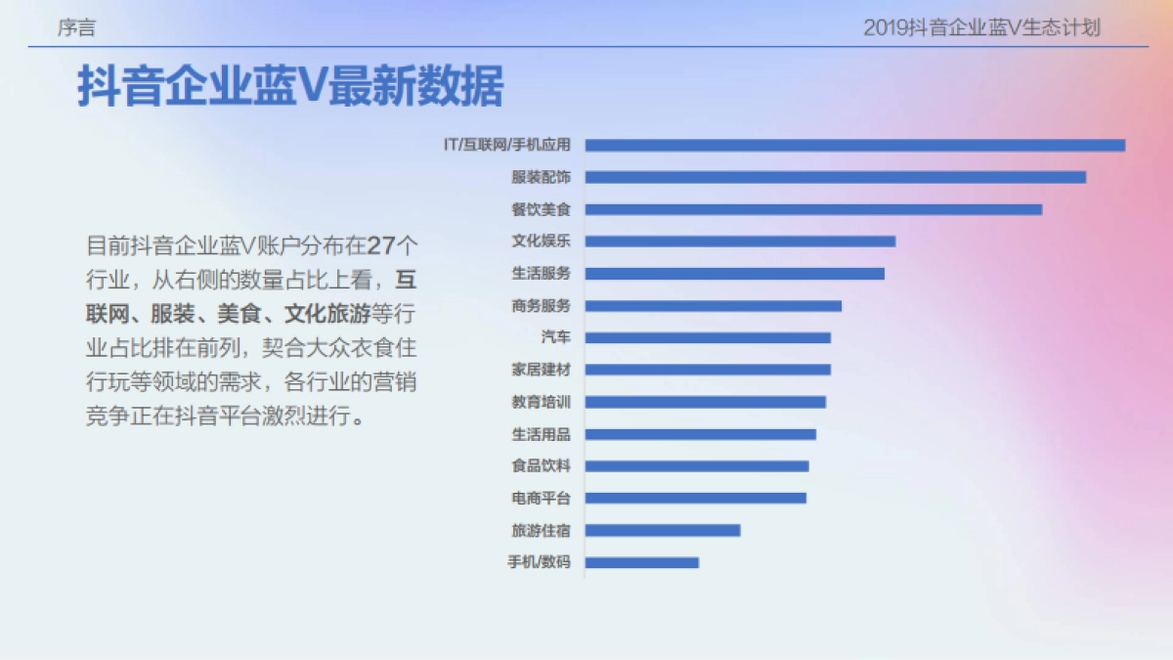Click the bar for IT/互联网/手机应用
pos(855,145)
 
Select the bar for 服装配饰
pos(836,177)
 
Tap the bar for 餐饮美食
pos(813,209)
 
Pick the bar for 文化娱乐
pos(740,242)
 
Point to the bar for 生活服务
pos(735,274)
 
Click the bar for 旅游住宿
pos(663,530)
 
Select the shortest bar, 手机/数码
pos(642,562)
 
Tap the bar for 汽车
pos(708,337)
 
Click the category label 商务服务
pos(541,305)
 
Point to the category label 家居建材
pos(541,370)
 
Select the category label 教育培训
pos(541,402)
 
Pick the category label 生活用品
pos(541,434)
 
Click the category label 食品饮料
pos(541,466)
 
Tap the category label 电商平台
pos(541,498)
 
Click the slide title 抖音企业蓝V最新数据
pos(290,87)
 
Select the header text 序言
pos(76,28)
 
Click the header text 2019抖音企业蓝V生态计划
pos(981,28)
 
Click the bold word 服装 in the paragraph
pos(171,314)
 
